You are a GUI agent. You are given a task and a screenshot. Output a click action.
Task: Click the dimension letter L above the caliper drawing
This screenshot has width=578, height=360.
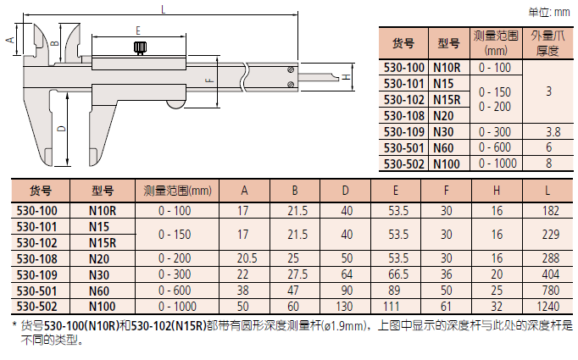click(162, 8)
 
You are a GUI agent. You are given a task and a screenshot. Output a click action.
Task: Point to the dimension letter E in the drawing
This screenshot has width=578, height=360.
click(138, 30)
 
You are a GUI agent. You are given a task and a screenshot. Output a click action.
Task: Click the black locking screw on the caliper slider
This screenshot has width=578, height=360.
click(139, 48)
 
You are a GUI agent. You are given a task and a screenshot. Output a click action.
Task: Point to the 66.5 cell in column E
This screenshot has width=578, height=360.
click(397, 274)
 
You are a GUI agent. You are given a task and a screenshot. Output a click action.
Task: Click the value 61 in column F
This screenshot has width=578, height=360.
click(447, 306)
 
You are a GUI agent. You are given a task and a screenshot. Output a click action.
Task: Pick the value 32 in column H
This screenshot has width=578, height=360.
click(497, 306)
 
